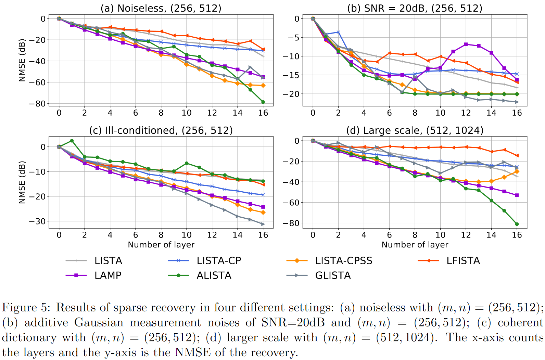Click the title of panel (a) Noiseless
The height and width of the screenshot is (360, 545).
[161, 8]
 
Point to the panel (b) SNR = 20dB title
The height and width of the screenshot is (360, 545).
[415, 8]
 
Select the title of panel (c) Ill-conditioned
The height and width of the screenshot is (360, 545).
[161, 130]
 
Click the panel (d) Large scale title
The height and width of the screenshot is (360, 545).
[415, 130]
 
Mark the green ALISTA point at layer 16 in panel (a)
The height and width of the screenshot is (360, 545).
[263, 102]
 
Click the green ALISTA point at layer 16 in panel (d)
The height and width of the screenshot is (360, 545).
[517, 224]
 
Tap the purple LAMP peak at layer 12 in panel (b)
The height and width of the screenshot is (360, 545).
[466, 44]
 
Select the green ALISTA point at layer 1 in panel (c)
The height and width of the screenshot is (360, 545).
[72, 141]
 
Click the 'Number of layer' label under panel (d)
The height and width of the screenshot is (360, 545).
[415, 245]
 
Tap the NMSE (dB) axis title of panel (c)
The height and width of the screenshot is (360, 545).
[22, 182]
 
